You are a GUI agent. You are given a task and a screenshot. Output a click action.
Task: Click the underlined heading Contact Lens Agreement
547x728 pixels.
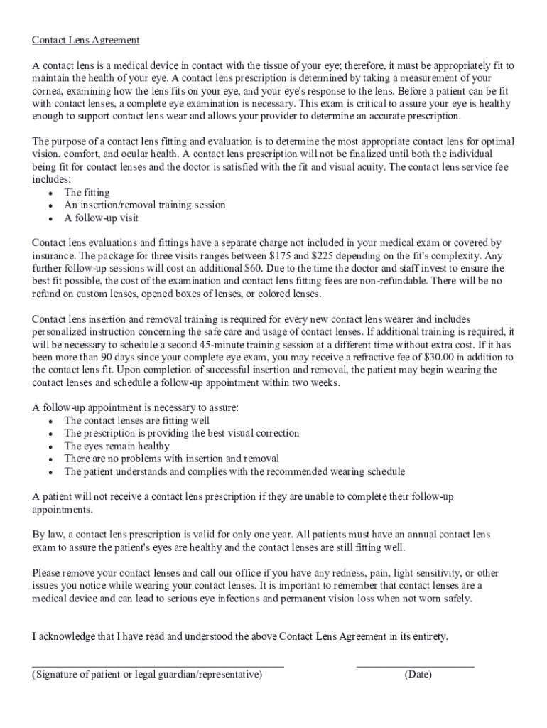(86, 41)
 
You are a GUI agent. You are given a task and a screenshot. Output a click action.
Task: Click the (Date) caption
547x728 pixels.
(418, 675)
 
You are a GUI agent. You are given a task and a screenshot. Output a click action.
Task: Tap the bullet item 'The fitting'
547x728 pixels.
(87, 193)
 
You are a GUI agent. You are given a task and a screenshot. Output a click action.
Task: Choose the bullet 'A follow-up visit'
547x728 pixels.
(101, 218)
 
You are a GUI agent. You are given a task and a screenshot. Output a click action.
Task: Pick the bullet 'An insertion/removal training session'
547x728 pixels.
(145, 205)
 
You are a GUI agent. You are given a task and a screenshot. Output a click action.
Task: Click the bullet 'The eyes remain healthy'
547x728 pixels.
(117, 446)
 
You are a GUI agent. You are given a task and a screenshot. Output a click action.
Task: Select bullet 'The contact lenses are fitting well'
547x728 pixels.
(136, 421)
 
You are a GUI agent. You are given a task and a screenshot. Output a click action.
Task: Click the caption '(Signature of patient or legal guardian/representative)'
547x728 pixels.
(147, 675)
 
